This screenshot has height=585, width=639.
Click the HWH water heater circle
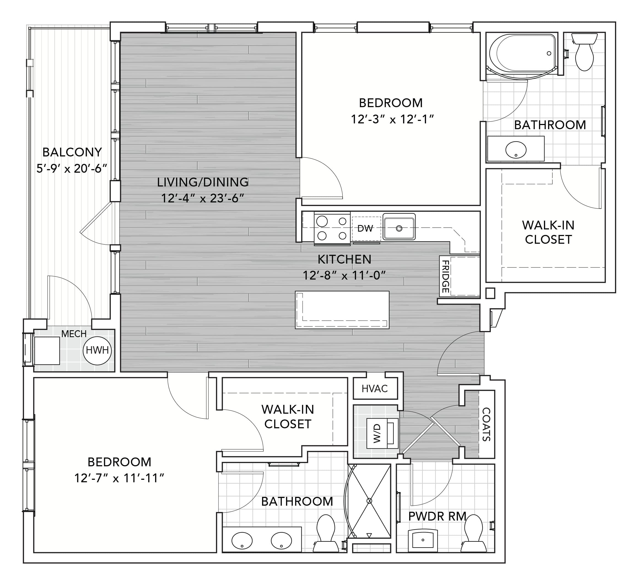point(97,351)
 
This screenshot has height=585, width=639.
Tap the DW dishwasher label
point(365,229)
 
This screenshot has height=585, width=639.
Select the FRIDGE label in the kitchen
point(445,277)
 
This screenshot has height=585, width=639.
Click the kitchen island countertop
point(342,310)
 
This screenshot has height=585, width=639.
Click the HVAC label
point(375,389)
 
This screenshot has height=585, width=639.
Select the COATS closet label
point(486,424)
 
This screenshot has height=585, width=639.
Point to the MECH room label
point(74,334)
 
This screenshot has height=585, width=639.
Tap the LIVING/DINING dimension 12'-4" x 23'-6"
point(203,198)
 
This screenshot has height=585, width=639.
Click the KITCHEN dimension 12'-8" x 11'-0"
point(344,275)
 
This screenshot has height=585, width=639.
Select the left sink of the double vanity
point(242,541)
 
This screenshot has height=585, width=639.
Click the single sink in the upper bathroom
point(516,150)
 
